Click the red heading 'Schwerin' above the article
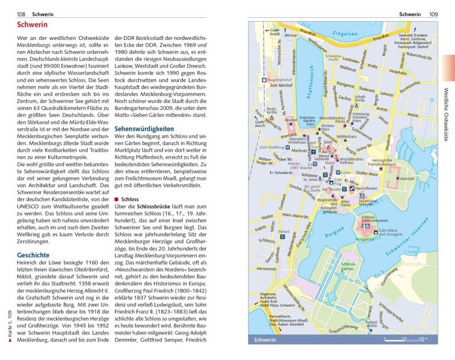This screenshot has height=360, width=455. tap(32, 25)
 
